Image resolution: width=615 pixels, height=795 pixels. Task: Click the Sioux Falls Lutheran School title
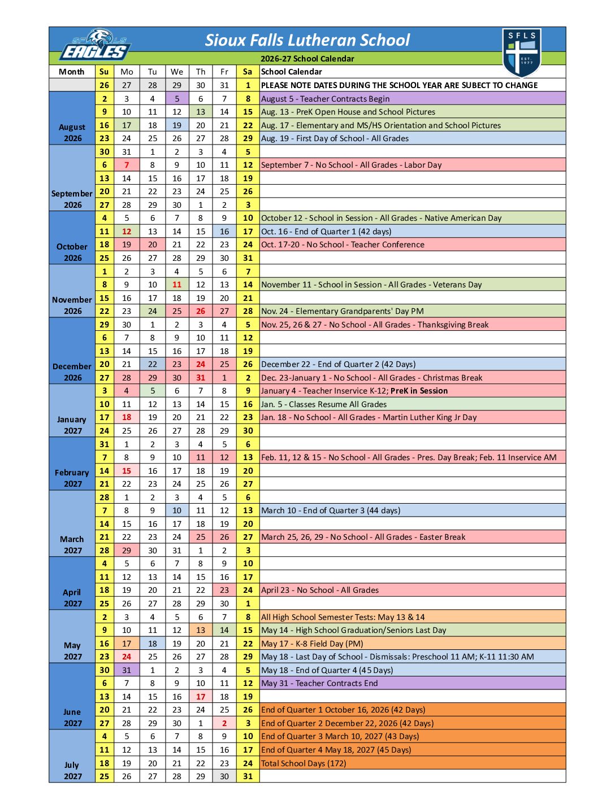(x=307, y=40)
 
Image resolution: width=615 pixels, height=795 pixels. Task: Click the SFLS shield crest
(x=522, y=53)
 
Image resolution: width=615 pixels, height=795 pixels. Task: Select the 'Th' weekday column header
(x=201, y=72)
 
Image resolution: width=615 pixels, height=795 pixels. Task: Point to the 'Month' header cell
(x=72, y=72)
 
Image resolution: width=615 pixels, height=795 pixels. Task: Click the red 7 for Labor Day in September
(x=127, y=165)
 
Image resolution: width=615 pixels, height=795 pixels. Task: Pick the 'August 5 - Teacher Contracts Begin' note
(x=325, y=99)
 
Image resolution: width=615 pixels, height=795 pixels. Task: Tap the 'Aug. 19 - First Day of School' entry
(x=335, y=138)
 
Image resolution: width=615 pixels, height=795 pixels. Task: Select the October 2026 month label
(x=72, y=252)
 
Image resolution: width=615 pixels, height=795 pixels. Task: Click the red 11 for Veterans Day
(x=177, y=285)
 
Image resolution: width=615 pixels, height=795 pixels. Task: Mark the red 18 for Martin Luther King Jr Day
(x=127, y=417)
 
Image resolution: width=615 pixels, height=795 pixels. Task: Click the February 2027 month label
(x=72, y=478)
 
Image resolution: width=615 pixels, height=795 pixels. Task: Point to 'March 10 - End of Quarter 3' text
(x=331, y=510)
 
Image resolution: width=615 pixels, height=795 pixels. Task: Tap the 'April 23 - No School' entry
(x=320, y=590)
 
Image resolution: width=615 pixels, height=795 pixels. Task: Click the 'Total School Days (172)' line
(x=304, y=763)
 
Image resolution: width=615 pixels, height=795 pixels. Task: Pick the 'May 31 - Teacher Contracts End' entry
(x=319, y=683)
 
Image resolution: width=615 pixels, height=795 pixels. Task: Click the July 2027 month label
(x=72, y=770)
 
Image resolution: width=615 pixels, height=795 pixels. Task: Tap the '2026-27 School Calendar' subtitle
(x=307, y=59)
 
